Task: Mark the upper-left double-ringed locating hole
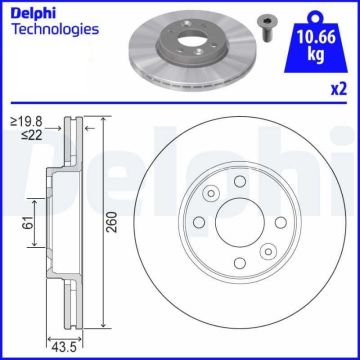pos(211,195)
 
